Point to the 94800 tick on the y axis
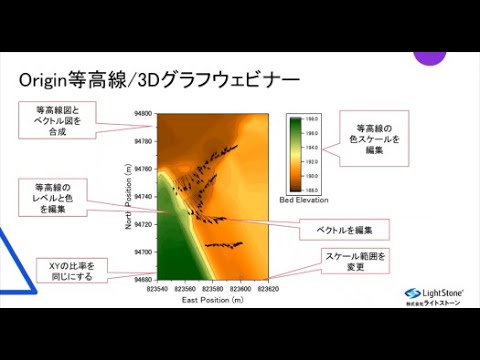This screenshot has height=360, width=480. (143, 114)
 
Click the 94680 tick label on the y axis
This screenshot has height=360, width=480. (143, 280)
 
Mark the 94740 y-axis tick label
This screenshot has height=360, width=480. (143, 197)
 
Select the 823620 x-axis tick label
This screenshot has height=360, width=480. (267, 289)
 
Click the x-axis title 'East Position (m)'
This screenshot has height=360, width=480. (212, 299)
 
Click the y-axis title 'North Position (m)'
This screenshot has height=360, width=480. (130, 197)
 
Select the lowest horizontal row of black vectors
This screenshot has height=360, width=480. (224, 244)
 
